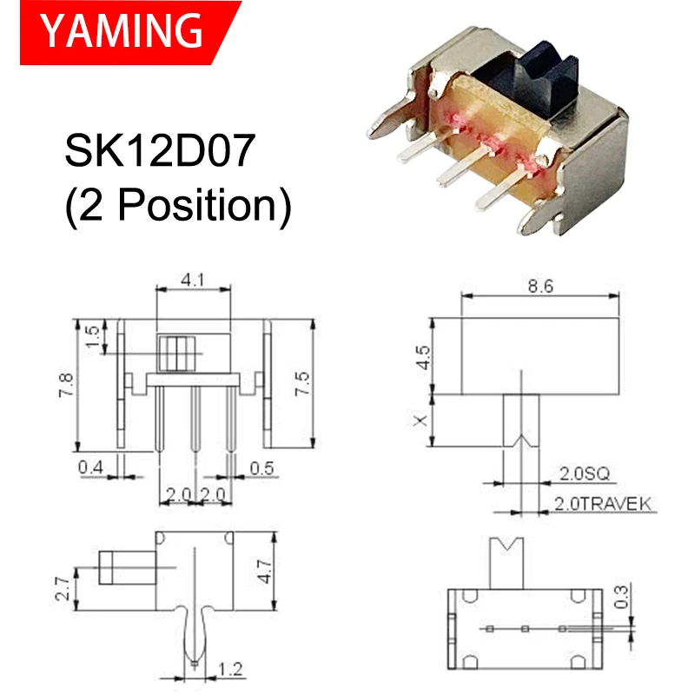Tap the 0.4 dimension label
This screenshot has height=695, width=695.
click(92, 468)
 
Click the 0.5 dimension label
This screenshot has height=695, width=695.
click(261, 468)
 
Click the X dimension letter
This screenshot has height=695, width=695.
click(421, 420)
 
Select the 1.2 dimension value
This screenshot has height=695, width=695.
click(230, 670)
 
